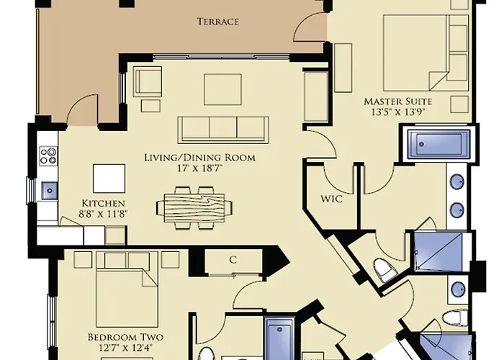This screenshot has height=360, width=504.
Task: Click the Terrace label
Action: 218,22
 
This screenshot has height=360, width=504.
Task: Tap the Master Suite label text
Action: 397,102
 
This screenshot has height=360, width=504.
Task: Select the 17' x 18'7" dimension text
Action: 200,168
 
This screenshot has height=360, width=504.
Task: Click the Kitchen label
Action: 103,203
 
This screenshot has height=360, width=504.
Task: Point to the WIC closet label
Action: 332,199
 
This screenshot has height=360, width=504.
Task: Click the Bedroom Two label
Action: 125,337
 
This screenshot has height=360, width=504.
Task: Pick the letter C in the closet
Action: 233,260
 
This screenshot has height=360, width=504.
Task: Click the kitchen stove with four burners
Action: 48,156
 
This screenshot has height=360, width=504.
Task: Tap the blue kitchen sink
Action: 50,191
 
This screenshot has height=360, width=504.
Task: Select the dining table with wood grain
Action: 194,207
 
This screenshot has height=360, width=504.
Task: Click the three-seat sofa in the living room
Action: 223,130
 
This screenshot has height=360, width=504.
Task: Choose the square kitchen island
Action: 109,179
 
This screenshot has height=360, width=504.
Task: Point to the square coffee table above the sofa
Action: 222,89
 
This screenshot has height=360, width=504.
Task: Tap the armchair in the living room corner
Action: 148,81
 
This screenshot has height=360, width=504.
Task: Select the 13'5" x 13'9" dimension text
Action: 398,112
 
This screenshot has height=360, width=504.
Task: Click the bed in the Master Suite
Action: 426,53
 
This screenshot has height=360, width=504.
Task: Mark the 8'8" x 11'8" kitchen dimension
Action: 103,213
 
